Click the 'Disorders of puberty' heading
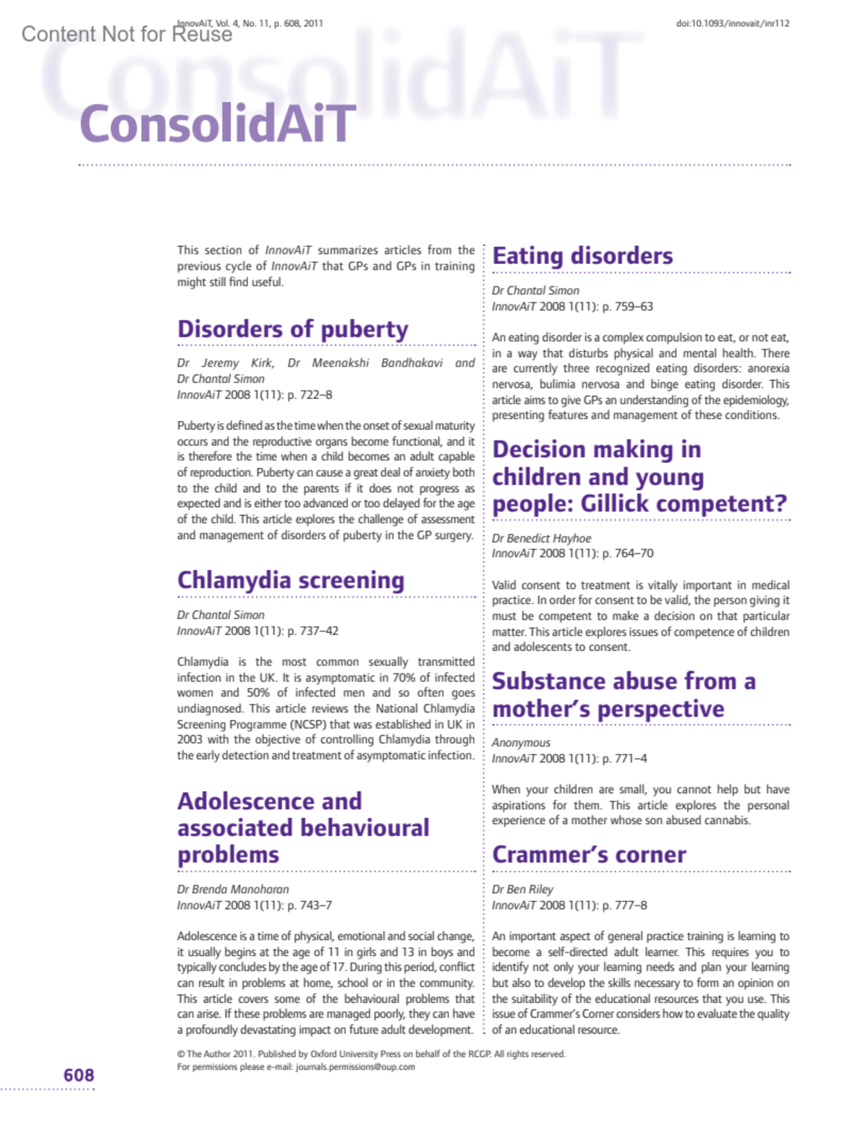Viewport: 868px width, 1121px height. pyautogui.click(x=293, y=329)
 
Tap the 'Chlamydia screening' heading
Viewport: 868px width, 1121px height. pyautogui.click(x=291, y=580)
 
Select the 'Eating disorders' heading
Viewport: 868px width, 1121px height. pyautogui.click(x=582, y=256)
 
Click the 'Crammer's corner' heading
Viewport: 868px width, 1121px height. pyautogui.click(x=589, y=854)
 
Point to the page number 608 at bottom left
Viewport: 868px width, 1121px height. pyautogui.click(x=79, y=1075)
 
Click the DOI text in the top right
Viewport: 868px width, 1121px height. pyautogui.click(x=733, y=24)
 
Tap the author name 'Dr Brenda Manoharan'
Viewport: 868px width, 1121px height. pyautogui.click(x=233, y=890)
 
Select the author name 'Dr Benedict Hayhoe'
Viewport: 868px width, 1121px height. pyautogui.click(x=541, y=538)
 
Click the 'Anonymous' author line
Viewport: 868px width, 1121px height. pyautogui.click(x=521, y=743)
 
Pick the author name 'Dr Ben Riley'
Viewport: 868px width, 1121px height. pyautogui.click(x=522, y=890)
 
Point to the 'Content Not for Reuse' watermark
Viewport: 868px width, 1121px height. pyautogui.click(x=127, y=34)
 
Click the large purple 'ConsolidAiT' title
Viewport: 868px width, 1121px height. pyautogui.click(x=217, y=124)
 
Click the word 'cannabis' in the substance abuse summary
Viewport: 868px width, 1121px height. pyautogui.click(x=728, y=821)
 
